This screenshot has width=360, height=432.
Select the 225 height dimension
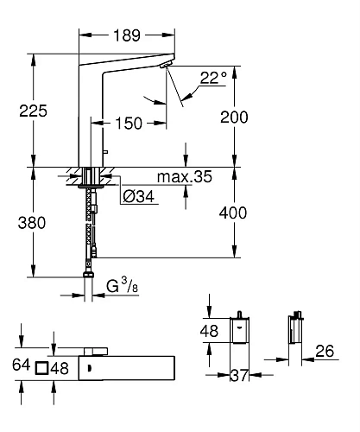coord(34,111)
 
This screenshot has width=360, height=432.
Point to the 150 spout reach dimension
coord(129,124)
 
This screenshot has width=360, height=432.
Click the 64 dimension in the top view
coord(22,365)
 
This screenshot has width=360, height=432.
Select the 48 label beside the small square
coord(60,366)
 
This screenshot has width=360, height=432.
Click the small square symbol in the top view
coord(41,366)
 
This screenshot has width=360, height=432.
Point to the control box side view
coord(295,331)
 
